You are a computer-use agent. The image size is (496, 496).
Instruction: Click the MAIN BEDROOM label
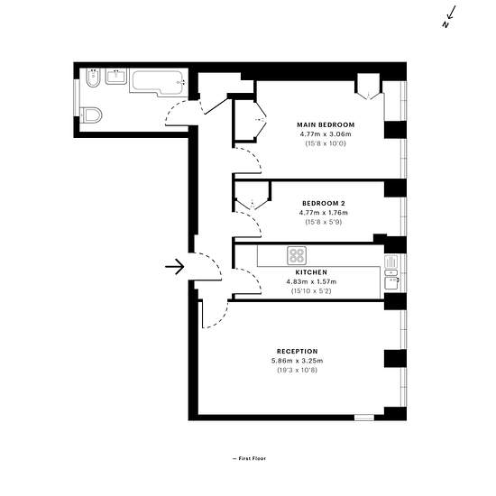click(326, 125)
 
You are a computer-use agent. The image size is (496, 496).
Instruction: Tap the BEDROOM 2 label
click(324, 204)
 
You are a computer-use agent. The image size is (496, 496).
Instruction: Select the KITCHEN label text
click(311, 272)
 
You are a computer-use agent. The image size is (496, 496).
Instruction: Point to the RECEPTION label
click(298, 352)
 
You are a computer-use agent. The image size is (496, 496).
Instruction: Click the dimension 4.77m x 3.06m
click(326, 134)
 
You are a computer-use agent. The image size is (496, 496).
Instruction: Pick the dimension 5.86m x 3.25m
click(298, 361)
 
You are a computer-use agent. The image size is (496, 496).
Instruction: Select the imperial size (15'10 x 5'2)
click(311, 291)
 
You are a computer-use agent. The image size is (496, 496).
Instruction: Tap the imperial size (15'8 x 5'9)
click(324, 222)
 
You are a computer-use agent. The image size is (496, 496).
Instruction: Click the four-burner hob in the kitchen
click(297, 255)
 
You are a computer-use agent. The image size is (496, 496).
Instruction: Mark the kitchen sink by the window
click(391, 272)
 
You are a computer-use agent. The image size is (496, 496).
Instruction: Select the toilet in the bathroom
click(91, 115)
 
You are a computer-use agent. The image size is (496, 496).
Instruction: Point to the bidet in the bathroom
click(93, 78)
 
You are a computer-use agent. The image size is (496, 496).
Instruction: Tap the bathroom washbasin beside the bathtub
click(116, 77)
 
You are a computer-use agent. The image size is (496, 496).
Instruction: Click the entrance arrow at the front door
click(175, 267)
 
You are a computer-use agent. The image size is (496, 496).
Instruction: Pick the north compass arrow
click(450, 16)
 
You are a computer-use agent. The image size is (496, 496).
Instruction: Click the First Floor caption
click(249, 458)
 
